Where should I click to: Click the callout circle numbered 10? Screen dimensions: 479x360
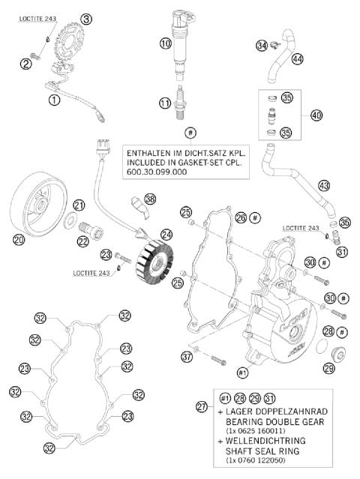pos(166,44)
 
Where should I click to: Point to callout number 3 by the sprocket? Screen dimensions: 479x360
pos(86,18)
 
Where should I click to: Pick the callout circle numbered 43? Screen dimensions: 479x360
pos(323,184)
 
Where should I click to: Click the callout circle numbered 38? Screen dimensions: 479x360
pos(151,199)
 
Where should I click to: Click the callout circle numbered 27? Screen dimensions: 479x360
pos(201,407)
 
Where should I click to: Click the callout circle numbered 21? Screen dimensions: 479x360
pos(79,205)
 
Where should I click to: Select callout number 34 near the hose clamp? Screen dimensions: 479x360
pos(262,46)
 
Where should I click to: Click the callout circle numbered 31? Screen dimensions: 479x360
pos(343,252)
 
